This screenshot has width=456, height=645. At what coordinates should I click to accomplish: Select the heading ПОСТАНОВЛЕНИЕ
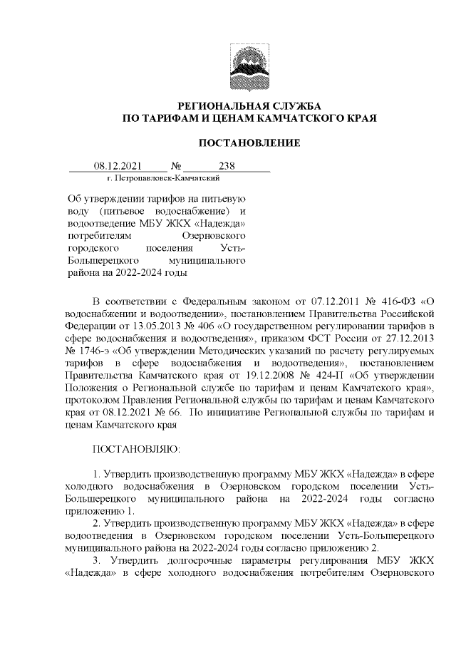[x=249, y=143]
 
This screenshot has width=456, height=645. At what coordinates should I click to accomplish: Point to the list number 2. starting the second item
[x=98, y=524]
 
